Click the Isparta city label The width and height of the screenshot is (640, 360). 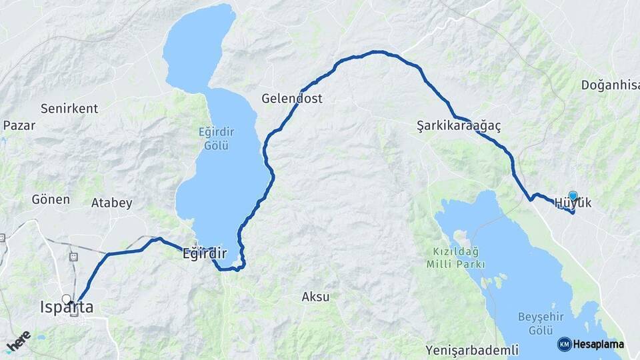67,308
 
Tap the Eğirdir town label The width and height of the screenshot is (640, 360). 205,254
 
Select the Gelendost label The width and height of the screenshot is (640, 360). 292,99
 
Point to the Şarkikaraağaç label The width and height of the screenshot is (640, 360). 459,125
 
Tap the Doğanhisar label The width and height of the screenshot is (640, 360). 610,85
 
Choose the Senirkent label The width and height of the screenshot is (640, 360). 69,108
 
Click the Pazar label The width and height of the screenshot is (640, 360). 19,125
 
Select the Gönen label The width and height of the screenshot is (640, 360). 51,199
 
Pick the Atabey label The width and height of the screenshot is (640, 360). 112,203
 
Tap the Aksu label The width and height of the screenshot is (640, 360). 316,297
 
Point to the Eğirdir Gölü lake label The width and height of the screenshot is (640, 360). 217,139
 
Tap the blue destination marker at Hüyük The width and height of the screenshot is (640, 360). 573,195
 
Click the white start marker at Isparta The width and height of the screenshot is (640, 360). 66,299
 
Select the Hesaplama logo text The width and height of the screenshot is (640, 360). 599,345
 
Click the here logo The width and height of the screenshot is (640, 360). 19,341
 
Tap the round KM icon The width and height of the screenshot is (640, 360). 565,344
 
